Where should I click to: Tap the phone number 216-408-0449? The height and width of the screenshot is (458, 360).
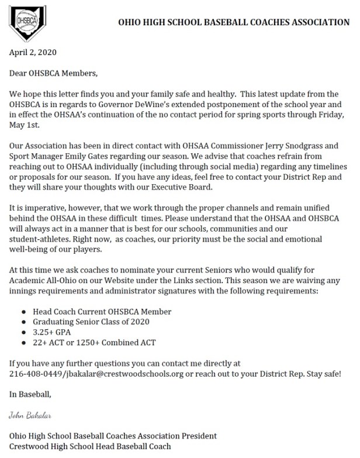[x=34, y=373]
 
